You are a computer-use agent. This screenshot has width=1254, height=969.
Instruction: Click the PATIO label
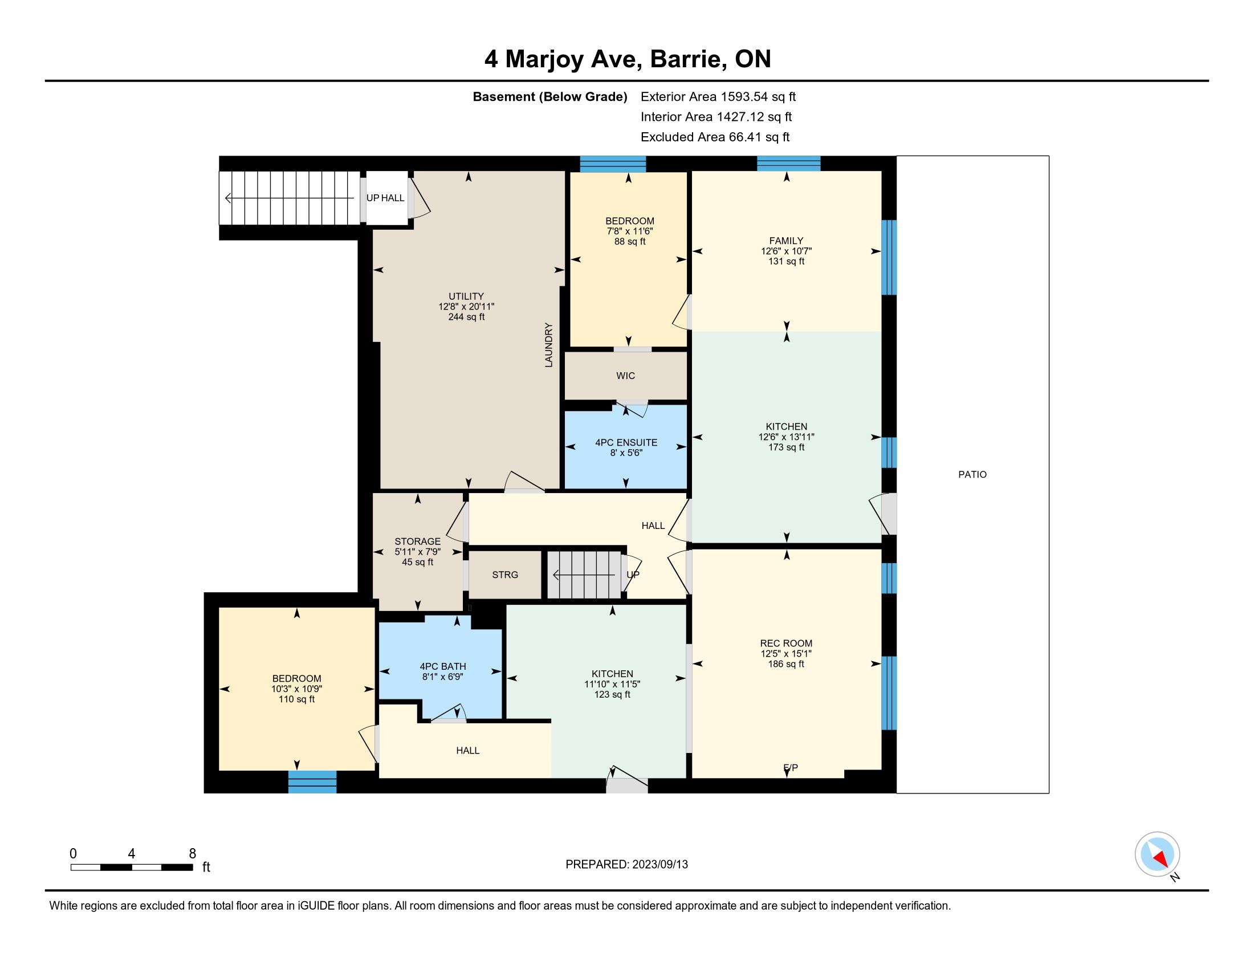tap(972, 474)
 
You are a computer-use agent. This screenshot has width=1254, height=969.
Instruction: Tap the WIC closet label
tap(625, 376)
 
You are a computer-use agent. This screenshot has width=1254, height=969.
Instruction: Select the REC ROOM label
tap(786, 643)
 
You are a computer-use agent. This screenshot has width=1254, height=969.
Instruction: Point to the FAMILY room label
tap(786, 241)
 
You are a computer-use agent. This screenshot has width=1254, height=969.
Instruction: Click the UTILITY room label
tap(466, 296)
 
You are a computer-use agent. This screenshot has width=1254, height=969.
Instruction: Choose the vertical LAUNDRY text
tap(548, 345)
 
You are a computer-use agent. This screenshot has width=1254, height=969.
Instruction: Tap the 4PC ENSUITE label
tap(626, 442)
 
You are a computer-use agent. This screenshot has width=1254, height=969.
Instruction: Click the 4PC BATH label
tap(443, 666)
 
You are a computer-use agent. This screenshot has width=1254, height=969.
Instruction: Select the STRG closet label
tap(505, 575)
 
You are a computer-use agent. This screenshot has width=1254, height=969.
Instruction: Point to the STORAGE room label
tap(417, 541)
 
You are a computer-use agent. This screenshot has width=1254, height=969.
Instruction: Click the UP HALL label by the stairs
tap(385, 197)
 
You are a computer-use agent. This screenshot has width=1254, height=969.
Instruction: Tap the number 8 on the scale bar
tap(192, 854)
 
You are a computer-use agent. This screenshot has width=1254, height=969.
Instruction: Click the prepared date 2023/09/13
tap(659, 865)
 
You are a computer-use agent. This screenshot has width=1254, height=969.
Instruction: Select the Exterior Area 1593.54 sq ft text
tap(718, 97)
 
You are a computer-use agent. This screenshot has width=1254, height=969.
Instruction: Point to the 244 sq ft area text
tap(466, 317)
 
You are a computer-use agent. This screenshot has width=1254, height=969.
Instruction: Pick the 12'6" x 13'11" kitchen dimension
tap(786, 437)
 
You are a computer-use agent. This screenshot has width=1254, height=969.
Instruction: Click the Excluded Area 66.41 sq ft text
tap(715, 137)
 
